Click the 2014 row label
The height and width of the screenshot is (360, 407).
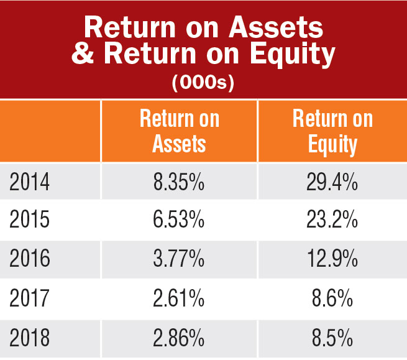coord(29,182)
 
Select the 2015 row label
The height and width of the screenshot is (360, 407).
coord(29,219)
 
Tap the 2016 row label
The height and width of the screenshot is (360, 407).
coord(30,258)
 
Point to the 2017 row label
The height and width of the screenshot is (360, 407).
coord(29,298)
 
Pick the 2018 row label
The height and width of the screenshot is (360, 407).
coord(30,337)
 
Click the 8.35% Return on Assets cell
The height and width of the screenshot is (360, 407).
coord(178,182)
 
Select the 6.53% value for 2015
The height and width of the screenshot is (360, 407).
coord(178,219)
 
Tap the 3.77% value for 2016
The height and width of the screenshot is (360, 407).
coord(178,258)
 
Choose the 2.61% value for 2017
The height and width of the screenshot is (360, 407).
coord(178,298)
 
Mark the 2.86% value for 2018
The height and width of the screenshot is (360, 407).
coord(178,337)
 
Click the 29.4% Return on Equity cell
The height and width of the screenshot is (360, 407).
coord(332,182)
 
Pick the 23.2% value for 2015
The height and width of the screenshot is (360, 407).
coord(332,219)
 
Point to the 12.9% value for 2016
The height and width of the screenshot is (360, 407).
coord(332,258)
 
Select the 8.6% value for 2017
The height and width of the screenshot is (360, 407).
coord(332,298)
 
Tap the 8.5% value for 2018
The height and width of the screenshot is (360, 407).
coord(332,337)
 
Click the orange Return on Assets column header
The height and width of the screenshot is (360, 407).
coord(180,131)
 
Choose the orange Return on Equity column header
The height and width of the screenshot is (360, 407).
coord(333,132)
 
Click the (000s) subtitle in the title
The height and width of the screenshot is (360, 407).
coord(203,83)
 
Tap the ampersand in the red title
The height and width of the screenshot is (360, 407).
coord(83,53)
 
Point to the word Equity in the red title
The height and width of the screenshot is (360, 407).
coord(293,55)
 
